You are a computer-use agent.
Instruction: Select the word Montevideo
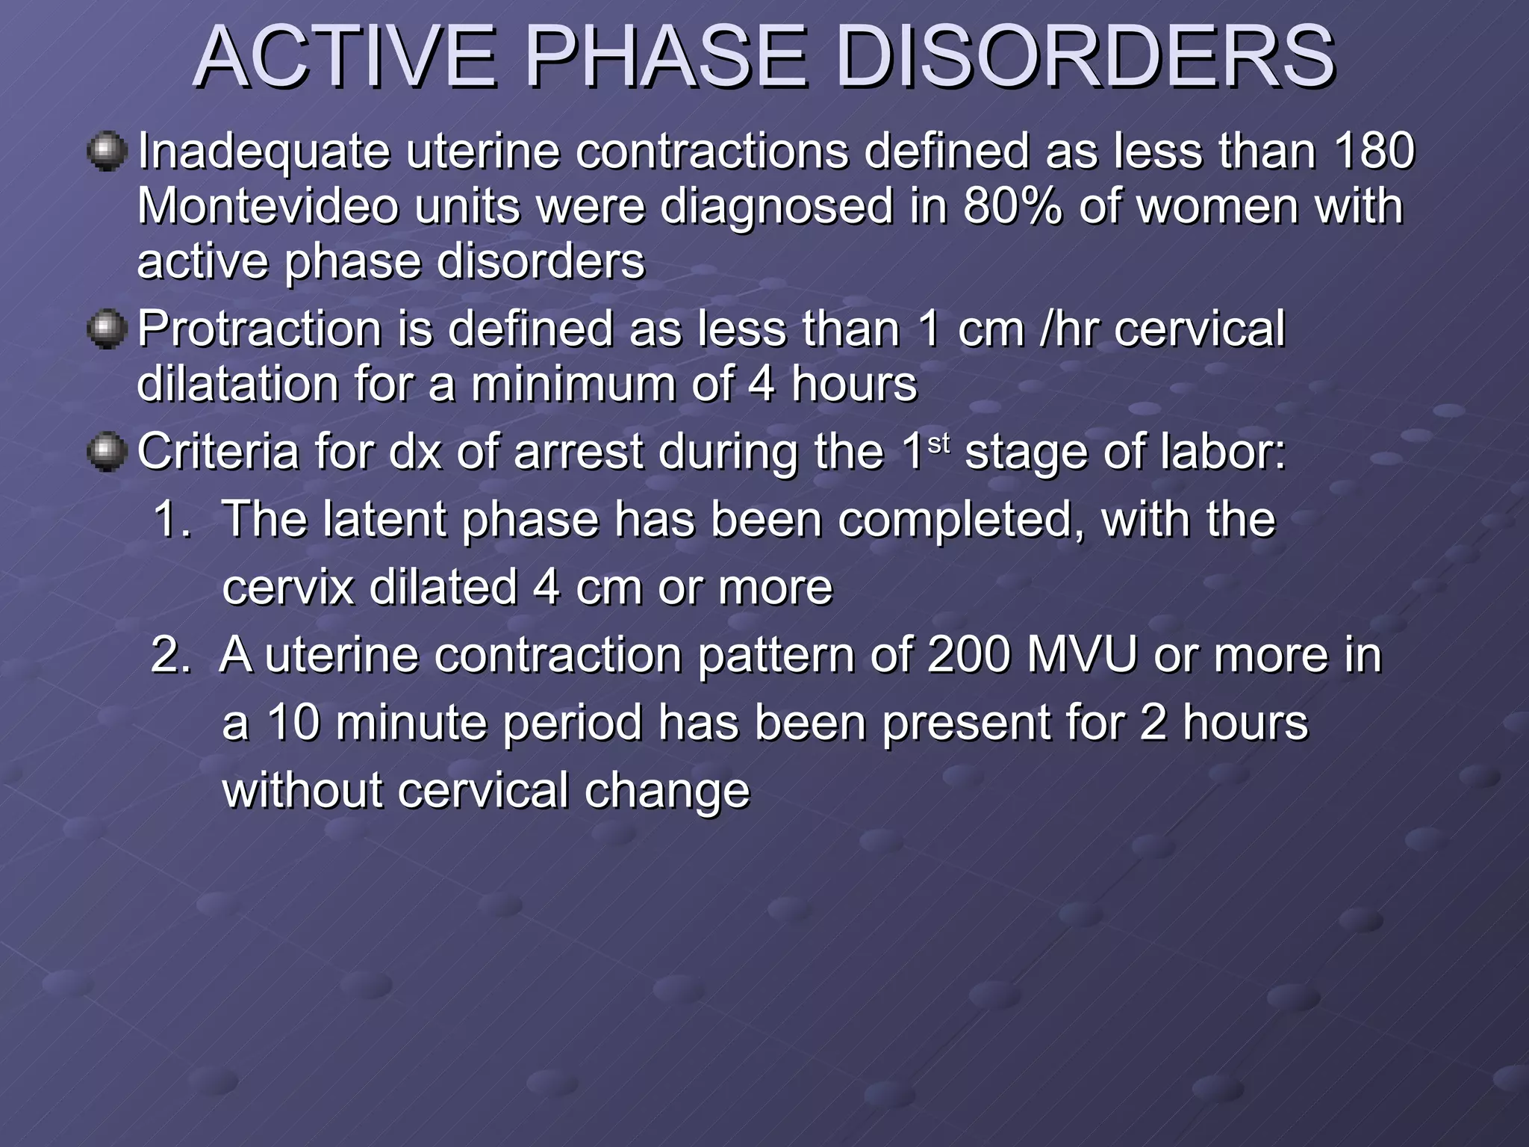[268, 207]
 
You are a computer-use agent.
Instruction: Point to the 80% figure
[1012, 207]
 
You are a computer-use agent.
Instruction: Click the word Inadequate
[264, 152]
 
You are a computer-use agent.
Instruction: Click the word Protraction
[259, 329]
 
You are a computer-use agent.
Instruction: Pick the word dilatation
[238, 385]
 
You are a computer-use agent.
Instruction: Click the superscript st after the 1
[938, 444]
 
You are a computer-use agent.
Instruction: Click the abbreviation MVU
[1082, 655]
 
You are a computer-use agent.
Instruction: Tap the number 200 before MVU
[968, 655]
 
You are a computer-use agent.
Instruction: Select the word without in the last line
[302, 791]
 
